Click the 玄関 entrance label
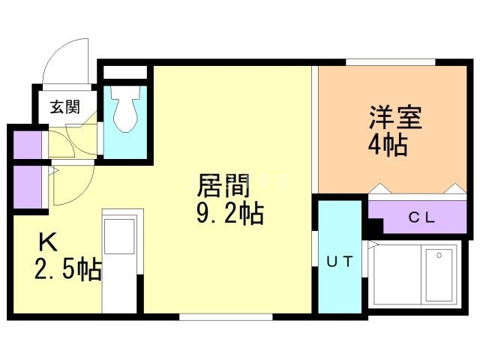[x=64, y=106]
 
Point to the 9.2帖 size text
[x=229, y=214]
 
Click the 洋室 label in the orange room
[x=394, y=118]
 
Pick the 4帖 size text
[x=387, y=145]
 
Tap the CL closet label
[x=421, y=218]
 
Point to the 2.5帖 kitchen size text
[x=67, y=268]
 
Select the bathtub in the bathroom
[x=439, y=274]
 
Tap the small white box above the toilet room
[x=125, y=73]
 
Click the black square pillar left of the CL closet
[x=373, y=225]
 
